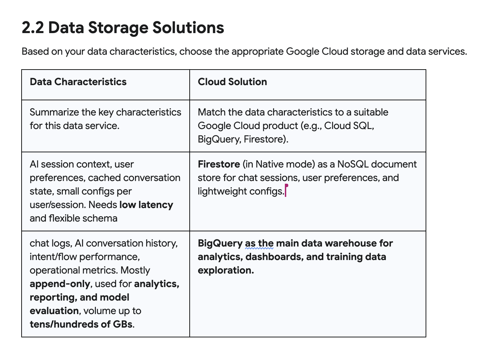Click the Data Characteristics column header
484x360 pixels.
[x=78, y=82]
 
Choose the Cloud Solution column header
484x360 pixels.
[x=232, y=82]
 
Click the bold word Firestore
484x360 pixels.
[x=219, y=164]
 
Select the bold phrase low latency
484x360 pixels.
[x=146, y=205]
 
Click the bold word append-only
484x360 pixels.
[x=60, y=284]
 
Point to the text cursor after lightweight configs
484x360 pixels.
[x=286, y=191]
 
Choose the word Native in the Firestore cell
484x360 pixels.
[x=270, y=164]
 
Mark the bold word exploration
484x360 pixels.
[x=225, y=270]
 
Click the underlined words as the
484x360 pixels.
[x=259, y=243]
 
